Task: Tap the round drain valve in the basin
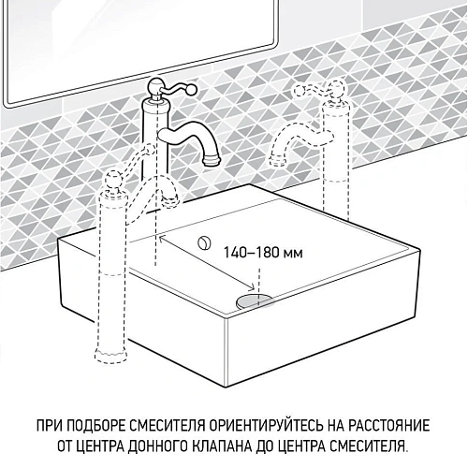(252, 298)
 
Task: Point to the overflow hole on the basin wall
(202, 241)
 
